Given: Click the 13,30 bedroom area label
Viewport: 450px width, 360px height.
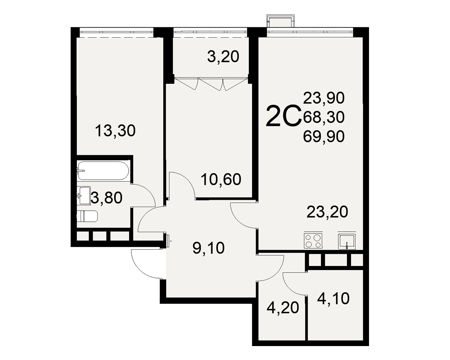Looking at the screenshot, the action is pos(115,131).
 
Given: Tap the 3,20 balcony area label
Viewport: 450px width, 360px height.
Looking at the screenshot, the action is pos(223,57).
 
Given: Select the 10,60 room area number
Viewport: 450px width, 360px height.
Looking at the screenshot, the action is pos(221,180).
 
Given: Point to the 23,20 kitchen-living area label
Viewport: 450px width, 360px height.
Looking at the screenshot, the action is pos(327,212).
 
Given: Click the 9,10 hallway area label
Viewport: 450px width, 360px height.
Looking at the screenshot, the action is pos(209,248).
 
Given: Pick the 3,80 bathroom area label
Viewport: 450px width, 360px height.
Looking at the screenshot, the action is pos(107,198).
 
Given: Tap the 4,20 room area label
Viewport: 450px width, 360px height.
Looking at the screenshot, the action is pos(283,308).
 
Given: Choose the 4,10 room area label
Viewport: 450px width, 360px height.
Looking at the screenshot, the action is pos(333,298).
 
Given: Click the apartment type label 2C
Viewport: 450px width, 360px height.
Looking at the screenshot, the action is pos(283,116).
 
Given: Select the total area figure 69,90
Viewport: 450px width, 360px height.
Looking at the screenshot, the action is pos(324,137).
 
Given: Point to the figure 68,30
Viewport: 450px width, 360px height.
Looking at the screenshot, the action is pos(324,117).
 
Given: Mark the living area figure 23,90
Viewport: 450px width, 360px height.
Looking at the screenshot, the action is pos(324,98).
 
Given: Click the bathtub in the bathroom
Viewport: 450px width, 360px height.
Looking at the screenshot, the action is pos(103,171).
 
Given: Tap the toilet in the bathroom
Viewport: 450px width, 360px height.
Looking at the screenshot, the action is pos(87,216).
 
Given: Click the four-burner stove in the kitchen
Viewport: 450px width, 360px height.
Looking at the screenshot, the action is pos(313,241).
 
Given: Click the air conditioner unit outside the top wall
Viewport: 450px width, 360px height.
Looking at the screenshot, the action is pos(281,21).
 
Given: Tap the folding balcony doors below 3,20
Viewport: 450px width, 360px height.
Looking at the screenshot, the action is pos(211,84).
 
